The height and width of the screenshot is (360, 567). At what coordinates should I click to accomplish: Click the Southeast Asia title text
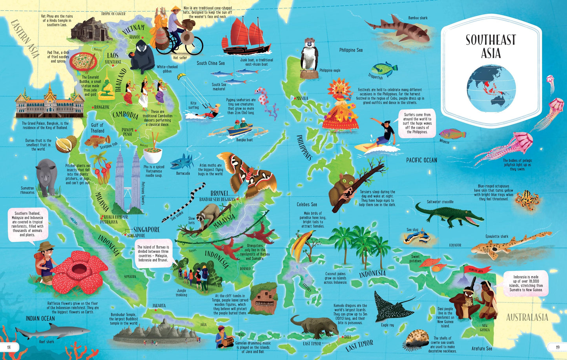[490, 46]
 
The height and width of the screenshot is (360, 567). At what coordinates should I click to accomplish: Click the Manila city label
[302, 98]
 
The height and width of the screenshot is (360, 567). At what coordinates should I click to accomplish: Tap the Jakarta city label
[159, 305]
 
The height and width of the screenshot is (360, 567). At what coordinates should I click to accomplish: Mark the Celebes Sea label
[306, 205]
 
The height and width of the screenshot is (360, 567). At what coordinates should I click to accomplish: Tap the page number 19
[557, 347]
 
